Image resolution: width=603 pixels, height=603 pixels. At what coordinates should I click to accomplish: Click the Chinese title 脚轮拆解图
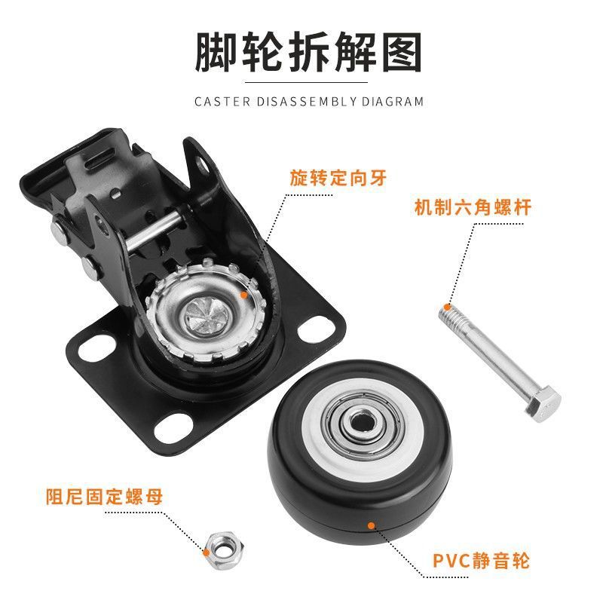[308, 52]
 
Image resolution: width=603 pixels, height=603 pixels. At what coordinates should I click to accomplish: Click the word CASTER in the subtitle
[222, 102]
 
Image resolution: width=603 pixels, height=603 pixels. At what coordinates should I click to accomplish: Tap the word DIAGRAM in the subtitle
[392, 102]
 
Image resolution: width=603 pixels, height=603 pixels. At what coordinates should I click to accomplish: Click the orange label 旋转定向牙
[338, 178]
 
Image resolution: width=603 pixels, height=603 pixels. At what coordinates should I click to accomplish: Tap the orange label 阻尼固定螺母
[104, 497]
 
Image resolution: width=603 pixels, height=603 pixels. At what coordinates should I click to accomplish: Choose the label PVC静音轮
[481, 560]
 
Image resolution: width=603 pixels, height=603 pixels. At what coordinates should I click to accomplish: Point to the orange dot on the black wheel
[371, 525]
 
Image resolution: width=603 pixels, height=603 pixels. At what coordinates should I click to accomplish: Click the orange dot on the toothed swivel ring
[243, 295]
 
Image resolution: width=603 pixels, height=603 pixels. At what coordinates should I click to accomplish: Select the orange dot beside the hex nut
[207, 552]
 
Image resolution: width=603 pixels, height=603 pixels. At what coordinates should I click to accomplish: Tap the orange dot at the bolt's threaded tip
[447, 307]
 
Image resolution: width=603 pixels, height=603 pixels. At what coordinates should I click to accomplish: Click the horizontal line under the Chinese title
[306, 83]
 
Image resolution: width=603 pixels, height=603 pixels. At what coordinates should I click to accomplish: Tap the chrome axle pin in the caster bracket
[154, 230]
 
